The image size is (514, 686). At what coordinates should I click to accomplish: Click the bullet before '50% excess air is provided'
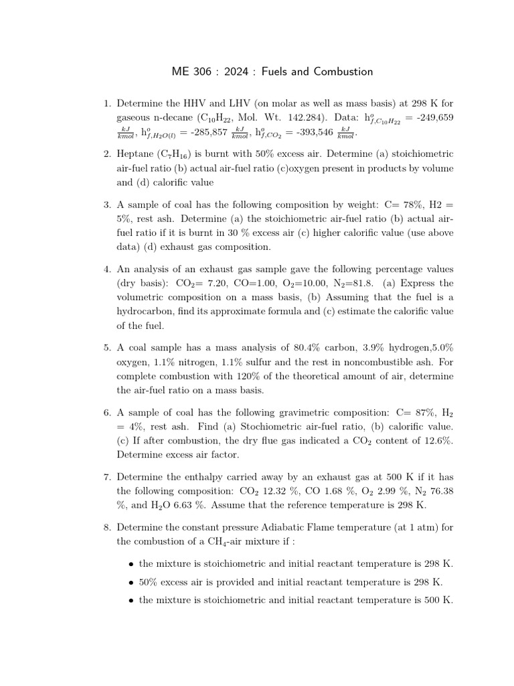point(132,583)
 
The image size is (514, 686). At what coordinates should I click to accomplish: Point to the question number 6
point(106,413)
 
